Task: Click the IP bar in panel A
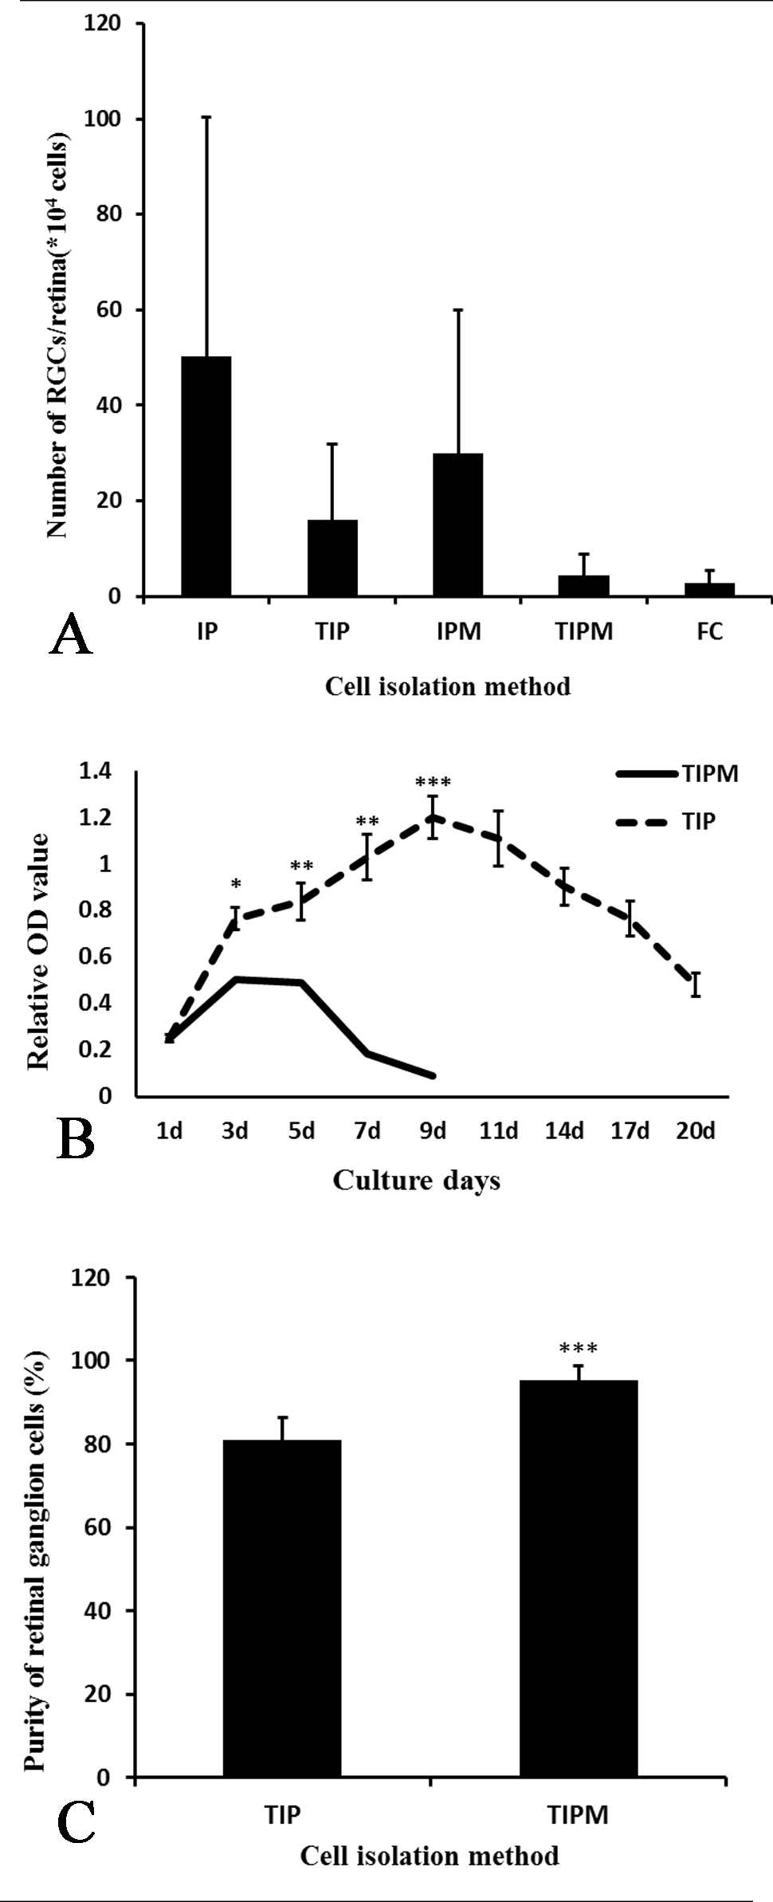click(x=206, y=476)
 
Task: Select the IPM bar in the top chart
click(x=458, y=525)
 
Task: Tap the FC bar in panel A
click(x=709, y=589)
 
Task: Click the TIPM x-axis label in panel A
click(x=584, y=631)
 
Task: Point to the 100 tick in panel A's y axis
click(x=104, y=120)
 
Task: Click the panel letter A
click(x=71, y=636)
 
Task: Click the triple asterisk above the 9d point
click(x=433, y=783)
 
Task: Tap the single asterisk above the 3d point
click(x=235, y=885)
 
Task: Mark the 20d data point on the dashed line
click(x=696, y=984)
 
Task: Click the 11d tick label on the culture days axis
click(x=499, y=1130)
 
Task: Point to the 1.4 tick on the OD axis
click(x=95, y=771)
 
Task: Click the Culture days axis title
click(x=416, y=1180)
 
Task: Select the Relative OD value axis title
click(x=38, y=951)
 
